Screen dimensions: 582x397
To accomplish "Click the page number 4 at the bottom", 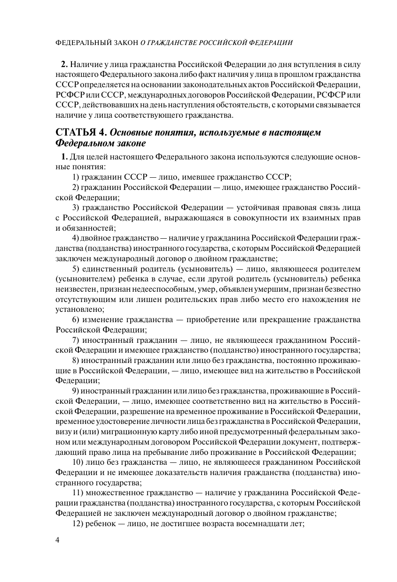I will tap(57, 540).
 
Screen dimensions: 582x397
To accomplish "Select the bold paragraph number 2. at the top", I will tap(65, 64).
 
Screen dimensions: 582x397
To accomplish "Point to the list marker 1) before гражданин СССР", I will tap(76, 177).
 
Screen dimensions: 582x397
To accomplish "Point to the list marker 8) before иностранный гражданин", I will tap(76, 360).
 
